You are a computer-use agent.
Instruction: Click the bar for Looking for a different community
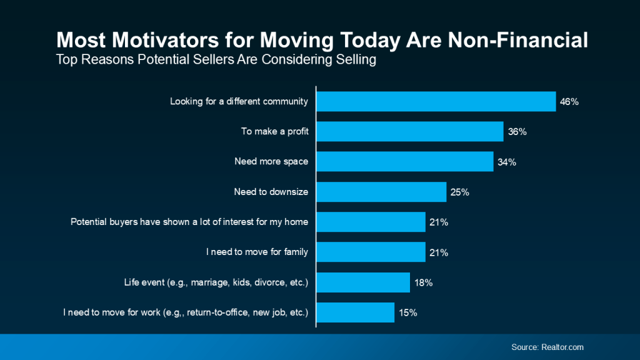[x=436, y=102]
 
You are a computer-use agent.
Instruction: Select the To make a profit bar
[x=410, y=132]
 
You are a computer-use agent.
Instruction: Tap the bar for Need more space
[x=405, y=162]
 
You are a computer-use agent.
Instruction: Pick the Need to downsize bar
[x=381, y=192]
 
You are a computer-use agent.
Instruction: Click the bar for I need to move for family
[x=371, y=252]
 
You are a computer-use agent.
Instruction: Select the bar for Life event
[x=363, y=282]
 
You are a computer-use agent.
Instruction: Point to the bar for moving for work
[x=356, y=312]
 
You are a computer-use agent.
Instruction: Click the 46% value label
[x=569, y=102]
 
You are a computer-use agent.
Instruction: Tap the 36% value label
[x=517, y=132]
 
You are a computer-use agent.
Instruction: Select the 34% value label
[x=507, y=162]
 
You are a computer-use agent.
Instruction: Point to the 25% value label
[x=459, y=192]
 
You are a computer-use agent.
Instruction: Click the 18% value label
[x=423, y=282]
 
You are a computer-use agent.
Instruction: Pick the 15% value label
[x=407, y=312]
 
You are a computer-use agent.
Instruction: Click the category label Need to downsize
[x=271, y=192]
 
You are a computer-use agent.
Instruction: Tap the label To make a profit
[x=275, y=131]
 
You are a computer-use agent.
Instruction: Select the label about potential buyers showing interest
[x=189, y=222]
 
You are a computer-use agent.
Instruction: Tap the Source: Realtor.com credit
[x=547, y=347]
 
